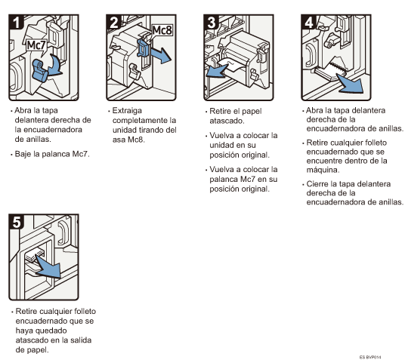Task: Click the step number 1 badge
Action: pos(16,22)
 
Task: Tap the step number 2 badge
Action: pos(113,22)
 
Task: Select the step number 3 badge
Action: pos(211,22)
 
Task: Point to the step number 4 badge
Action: pos(308,22)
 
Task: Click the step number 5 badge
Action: pos(17,221)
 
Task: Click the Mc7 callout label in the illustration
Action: pos(36,45)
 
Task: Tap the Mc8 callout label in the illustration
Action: pos(162,30)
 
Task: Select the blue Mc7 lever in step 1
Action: pos(40,70)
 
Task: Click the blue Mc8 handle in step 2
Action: pos(143,48)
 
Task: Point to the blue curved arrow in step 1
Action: pos(56,66)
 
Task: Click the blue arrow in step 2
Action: pos(160,54)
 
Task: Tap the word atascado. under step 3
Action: pos(227,121)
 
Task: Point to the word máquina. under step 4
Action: pos(323,170)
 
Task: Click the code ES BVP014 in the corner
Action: pos(370,357)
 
